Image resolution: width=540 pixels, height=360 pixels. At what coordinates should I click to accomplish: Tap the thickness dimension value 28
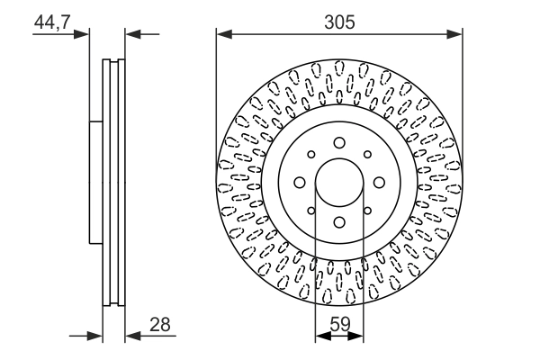pyautogui.click(x=160, y=323)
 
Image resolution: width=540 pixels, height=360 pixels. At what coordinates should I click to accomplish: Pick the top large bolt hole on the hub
pyautogui.click(x=339, y=142)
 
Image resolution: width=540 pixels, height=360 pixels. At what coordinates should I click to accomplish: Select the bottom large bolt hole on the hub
pyautogui.click(x=339, y=223)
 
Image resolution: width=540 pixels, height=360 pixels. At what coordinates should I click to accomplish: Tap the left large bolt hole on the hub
pyautogui.click(x=299, y=183)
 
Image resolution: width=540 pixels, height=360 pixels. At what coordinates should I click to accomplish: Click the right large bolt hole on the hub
pyautogui.click(x=380, y=183)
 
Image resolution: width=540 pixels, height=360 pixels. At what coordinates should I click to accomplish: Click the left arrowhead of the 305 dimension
pyautogui.click(x=222, y=35)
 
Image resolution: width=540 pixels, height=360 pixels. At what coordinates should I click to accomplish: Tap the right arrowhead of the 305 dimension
pyautogui.click(x=456, y=35)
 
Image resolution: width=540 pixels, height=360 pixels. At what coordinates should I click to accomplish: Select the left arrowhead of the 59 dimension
pyautogui.click(x=320, y=337)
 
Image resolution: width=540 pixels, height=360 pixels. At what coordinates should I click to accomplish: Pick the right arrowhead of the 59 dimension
pyautogui.click(x=358, y=337)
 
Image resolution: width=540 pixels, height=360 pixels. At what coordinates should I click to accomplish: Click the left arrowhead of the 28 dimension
pyautogui.click(x=97, y=337)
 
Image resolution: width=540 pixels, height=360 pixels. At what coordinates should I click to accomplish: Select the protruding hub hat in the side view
pyautogui.click(x=95, y=183)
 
